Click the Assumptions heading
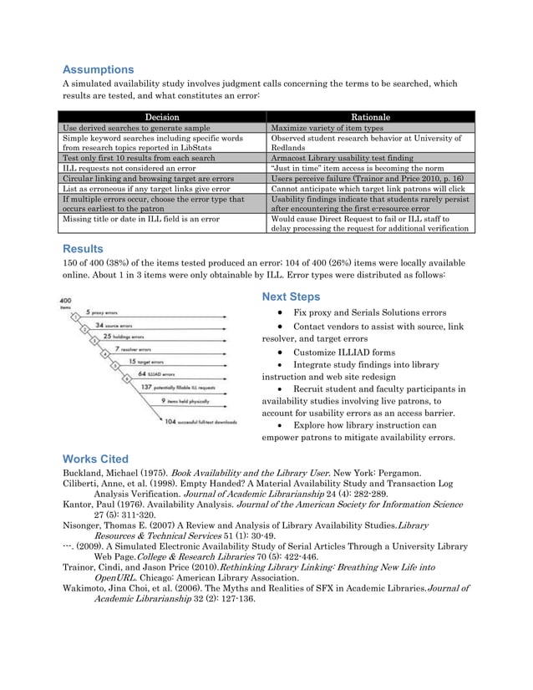(99, 69)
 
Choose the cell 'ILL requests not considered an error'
(129, 168)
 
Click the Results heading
(84, 248)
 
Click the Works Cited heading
(96, 459)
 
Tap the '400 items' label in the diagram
(64, 304)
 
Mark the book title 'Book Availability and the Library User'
(250, 474)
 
